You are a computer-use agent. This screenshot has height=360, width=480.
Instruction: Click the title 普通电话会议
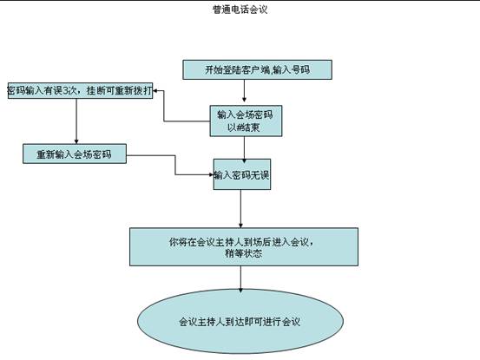(x=240, y=10)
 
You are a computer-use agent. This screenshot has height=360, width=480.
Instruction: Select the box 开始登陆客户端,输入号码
(x=257, y=69)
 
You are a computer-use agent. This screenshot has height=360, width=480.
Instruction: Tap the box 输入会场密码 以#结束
(x=246, y=121)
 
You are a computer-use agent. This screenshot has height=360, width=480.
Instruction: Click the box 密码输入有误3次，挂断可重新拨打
(x=80, y=90)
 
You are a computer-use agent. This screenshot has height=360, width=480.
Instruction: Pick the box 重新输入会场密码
(x=75, y=154)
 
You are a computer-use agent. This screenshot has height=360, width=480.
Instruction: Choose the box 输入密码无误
(x=242, y=174)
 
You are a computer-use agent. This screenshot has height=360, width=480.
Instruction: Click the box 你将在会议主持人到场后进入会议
(x=244, y=247)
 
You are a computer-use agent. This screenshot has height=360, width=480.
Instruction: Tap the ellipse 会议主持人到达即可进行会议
(x=240, y=322)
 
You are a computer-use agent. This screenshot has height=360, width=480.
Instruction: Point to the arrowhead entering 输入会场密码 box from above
(x=244, y=100)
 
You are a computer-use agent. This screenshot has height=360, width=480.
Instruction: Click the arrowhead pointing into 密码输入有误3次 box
(x=155, y=91)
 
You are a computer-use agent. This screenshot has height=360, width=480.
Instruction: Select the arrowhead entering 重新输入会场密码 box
(x=76, y=141)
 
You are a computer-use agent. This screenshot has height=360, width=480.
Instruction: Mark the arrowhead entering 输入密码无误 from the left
(x=211, y=174)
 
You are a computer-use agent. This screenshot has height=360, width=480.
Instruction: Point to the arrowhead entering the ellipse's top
(x=240, y=290)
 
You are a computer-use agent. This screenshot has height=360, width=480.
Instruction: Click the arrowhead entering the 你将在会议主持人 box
(x=240, y=226)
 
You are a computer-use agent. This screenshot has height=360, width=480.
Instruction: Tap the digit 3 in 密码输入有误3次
(x=65, y=91)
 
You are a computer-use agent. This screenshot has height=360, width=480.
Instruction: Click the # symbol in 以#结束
(x=239, y=127)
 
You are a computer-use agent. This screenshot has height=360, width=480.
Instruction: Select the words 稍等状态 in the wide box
(x=244, y=253)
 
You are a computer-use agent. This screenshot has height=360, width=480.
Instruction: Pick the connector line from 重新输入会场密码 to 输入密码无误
(x=175, y=165)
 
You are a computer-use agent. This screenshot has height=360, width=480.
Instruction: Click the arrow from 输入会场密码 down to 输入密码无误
(x=244, y=147)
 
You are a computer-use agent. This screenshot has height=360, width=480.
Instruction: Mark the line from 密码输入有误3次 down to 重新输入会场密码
(x=76, y=121)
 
